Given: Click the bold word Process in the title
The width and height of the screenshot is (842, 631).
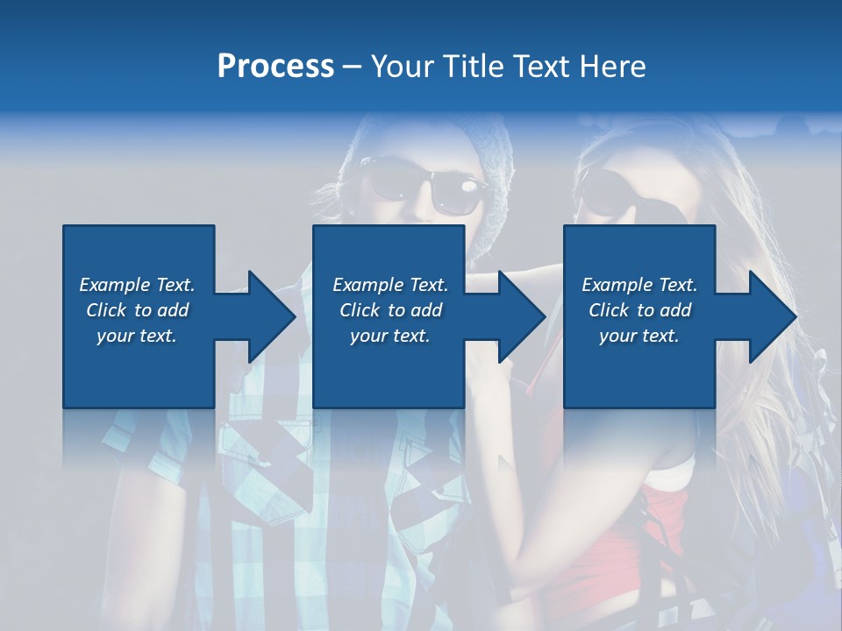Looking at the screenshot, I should pos(275,67).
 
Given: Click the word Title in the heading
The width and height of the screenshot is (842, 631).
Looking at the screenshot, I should pos(473,67).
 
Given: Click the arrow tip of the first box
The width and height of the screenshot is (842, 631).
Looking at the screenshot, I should pos(293,316).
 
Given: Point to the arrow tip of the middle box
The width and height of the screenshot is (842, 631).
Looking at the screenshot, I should pos(543,316).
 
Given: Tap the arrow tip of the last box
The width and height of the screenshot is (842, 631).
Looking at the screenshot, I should pos(794,316).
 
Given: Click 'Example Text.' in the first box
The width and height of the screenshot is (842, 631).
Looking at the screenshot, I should pos(137,285).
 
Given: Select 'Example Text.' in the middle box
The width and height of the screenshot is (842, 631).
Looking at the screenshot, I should pos(390,285).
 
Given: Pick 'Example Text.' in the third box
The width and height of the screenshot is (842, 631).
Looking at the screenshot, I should pos(639,285).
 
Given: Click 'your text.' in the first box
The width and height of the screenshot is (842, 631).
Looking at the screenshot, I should pos(137,336).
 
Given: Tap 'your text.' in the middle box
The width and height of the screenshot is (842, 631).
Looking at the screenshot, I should pos(390,336).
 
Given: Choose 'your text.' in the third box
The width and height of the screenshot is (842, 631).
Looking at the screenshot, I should pos(639,336).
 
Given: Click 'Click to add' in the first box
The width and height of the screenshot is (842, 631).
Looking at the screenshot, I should pos(137,310).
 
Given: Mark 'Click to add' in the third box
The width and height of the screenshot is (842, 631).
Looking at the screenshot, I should pos(639,310).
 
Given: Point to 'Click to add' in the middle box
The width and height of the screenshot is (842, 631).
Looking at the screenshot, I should pos(390,310).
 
